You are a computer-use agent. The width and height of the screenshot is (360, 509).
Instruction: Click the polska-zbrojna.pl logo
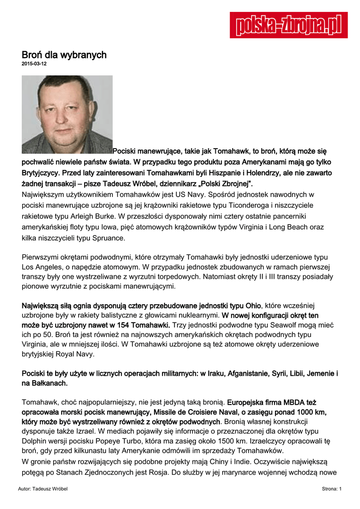[288, 25]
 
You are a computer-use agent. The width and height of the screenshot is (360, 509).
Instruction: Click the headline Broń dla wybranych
[64, 55]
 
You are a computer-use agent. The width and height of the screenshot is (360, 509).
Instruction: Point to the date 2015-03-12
[34, 64]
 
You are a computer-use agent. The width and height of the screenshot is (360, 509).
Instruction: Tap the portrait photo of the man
[67, 114]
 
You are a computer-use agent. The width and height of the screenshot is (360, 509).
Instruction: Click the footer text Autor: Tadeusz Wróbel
[43, 489]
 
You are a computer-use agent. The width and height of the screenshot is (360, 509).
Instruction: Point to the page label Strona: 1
[332, 489]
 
